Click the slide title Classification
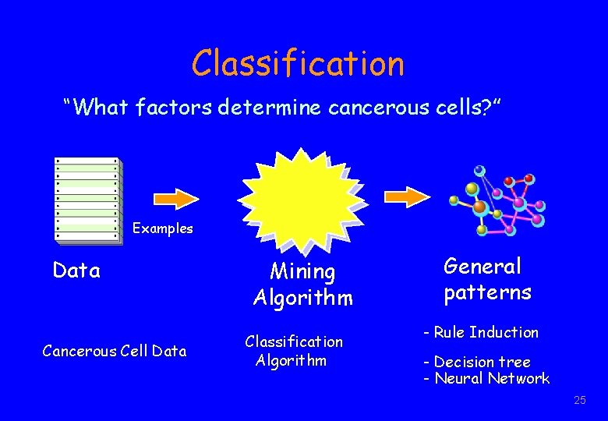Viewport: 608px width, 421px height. point(299,63)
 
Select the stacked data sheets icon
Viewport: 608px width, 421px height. point(88,200)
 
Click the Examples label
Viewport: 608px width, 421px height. point(162,228)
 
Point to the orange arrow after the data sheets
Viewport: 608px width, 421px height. point(182,199)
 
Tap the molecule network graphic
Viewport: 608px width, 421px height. point(497,200)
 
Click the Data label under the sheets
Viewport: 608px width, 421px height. point(76,271)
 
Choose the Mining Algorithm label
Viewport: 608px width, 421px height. point(302,285)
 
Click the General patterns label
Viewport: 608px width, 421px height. point(487,279)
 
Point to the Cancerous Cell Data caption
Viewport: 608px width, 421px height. point(115,351)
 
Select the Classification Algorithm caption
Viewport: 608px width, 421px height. point(294,351)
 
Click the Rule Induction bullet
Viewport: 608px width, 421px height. point(481,332)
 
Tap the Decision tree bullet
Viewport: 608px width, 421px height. point(476,362)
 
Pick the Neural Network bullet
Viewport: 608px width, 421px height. point(486,379)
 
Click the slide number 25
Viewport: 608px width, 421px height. point(579,401)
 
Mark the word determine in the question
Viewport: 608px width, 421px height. point(270,108)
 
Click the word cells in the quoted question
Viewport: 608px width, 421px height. point(461,108)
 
